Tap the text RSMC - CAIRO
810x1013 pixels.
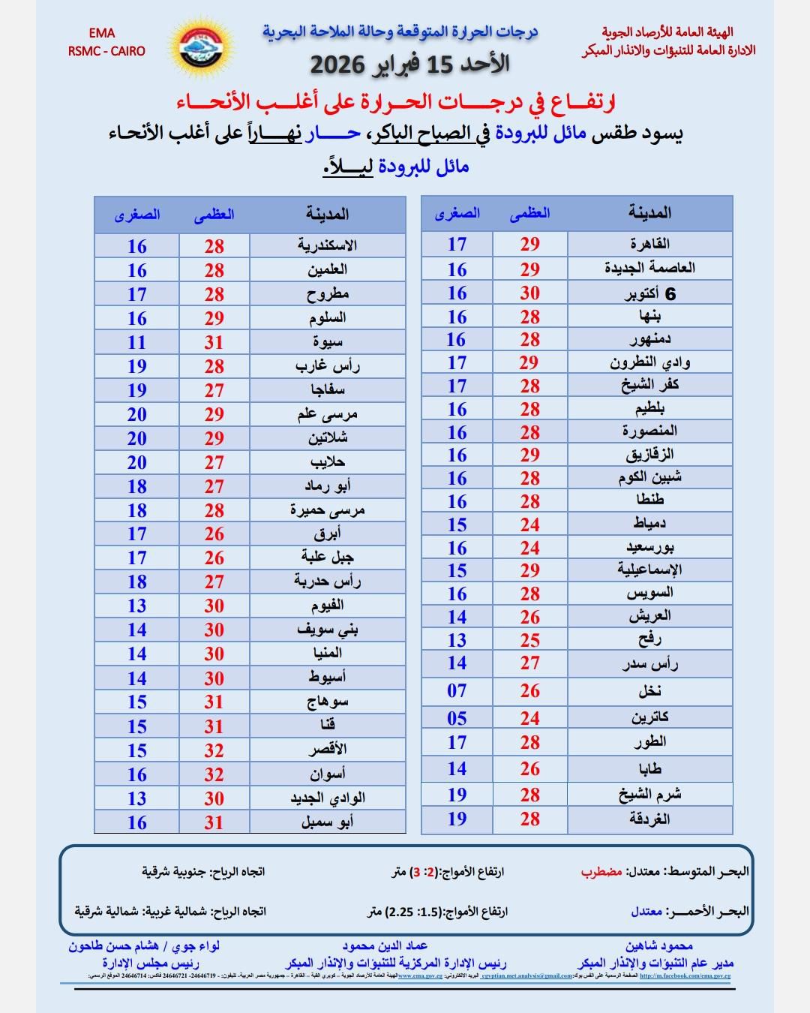click(106, 51)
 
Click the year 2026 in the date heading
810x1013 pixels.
click(337, 65)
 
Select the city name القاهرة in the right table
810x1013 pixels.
click(649, 244)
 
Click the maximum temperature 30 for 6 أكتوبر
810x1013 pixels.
click(529, 293)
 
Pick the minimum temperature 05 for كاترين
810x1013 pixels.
click(457, 718)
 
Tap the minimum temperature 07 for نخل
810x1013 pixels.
click(457, 690)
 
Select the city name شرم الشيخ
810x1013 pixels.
click(649, 795)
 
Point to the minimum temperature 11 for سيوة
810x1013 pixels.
click(136, 342)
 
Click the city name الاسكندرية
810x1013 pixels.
click(327, 245)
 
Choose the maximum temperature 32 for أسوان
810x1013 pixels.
click(214, 774)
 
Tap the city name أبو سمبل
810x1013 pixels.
click(327, 822)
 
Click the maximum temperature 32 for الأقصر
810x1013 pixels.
click(214, 750)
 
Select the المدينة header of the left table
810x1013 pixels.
click(327, 214)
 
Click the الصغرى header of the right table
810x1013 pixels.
click(457, 213)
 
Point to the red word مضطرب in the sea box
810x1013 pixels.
click(601, 872)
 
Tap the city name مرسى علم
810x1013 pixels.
click(327, 414)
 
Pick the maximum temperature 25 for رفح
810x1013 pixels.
click(529, 640)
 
